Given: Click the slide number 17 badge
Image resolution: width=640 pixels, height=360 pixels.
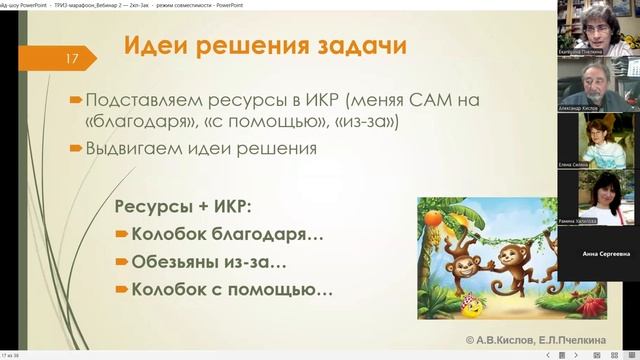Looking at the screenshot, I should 73,60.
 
